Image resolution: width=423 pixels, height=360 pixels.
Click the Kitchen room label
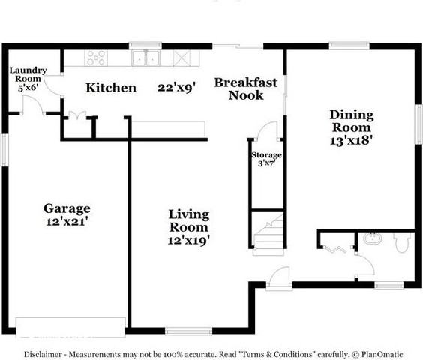[x=111, y=88]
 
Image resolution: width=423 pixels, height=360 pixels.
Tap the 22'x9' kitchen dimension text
[x=176, y=88]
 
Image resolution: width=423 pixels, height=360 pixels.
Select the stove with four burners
[x=95, y=57]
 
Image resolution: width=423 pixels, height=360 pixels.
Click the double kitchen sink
[x=146, y=58]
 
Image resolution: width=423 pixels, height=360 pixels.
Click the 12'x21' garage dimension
[x=66, y=222]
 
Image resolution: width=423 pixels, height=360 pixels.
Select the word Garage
[x=67, y=208]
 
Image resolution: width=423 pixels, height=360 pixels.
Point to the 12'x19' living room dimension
[x=188, y=240]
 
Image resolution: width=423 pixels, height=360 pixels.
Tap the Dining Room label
[x=352, y=121]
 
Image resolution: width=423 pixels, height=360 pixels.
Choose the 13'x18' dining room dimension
[x=352, y=139]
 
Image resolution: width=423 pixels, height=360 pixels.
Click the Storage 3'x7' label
[x=265, y=160]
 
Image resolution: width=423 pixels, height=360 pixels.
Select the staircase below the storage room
[x=268, y=233]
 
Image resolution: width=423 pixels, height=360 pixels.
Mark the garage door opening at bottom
[x=70, y=325]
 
